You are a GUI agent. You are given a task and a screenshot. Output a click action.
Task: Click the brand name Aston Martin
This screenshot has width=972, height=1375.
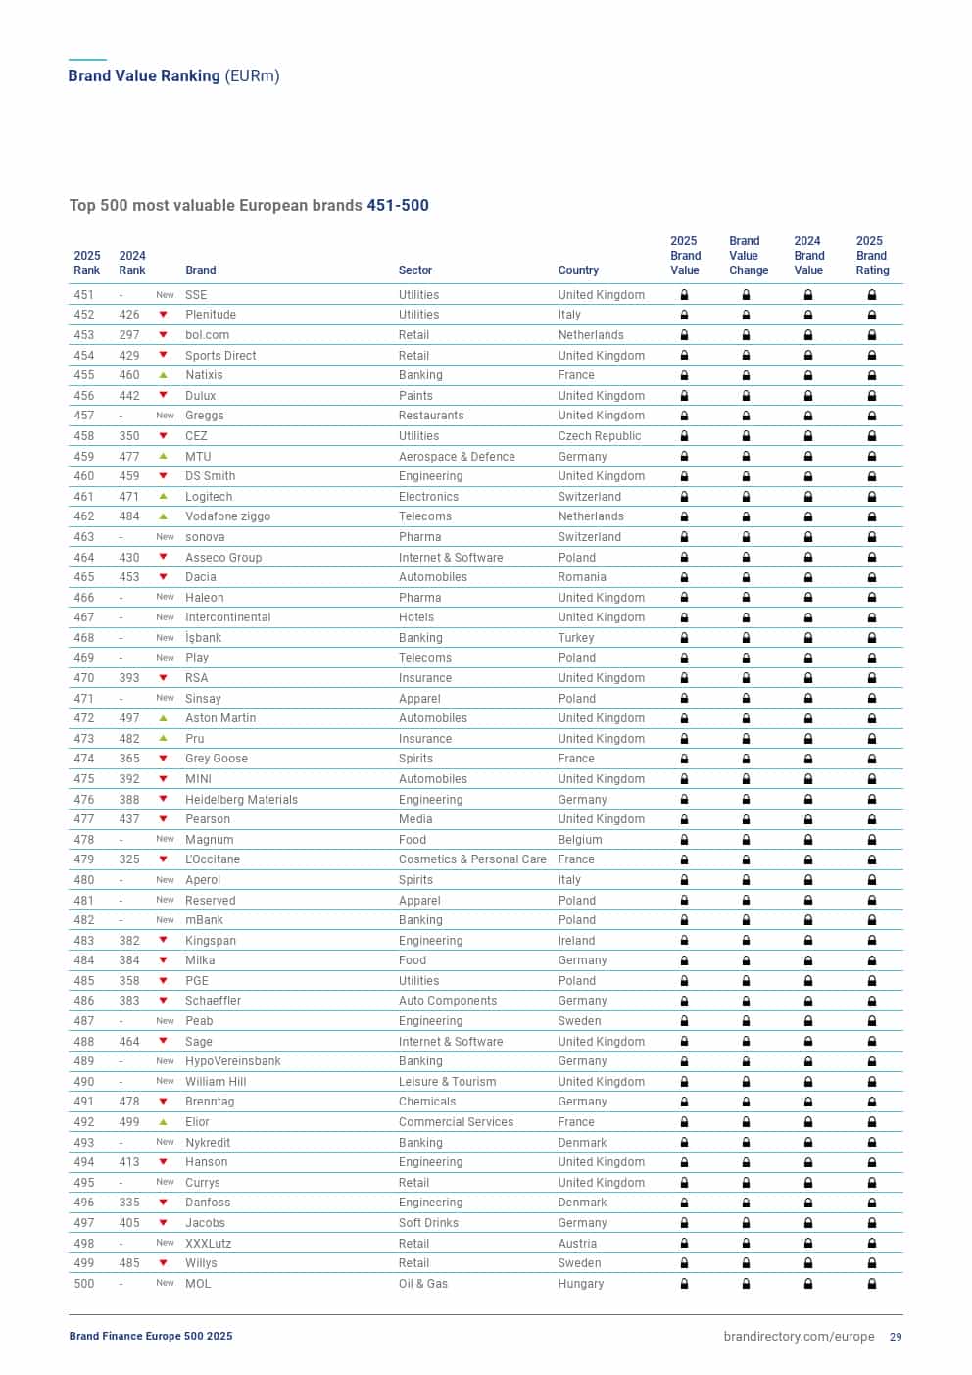tap(220, 718)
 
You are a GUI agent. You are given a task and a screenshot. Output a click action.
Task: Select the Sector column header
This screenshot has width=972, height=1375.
tap(414, 270)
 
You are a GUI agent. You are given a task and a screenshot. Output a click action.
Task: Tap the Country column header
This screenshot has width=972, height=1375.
tap(578, 270)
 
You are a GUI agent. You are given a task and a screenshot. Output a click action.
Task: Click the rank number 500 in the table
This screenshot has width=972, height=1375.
tap(84, 1284)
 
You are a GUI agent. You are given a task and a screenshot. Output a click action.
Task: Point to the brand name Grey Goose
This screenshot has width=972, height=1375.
tap(217, 759)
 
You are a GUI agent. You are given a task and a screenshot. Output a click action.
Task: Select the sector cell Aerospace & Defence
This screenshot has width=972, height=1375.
tap(457, 457)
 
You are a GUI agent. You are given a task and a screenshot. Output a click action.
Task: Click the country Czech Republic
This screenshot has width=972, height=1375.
tap(600, 436)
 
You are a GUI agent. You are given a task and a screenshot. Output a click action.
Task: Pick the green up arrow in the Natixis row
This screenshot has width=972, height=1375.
tap(164, 375)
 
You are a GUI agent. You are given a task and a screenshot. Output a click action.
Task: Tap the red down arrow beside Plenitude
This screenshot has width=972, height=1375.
tap(164, 315)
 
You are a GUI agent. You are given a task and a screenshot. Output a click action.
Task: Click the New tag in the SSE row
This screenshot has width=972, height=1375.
tap(165, 295)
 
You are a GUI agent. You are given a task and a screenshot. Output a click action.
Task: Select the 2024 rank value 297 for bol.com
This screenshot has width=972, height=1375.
tap(129, 335)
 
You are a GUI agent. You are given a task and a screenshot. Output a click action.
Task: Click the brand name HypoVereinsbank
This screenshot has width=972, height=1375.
tap(233, 1061)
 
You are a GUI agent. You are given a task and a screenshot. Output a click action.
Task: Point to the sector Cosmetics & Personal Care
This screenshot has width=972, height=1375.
tap(472, 859)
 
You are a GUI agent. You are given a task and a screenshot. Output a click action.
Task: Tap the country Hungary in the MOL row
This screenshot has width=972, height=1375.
tap(581, 1284)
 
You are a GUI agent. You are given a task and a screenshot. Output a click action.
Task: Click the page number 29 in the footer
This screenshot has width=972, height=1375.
tap(896, 1337)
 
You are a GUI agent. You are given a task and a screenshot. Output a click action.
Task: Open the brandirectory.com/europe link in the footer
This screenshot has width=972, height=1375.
tap(799, 1337)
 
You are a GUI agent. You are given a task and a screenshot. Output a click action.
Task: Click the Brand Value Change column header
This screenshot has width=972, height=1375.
tap(748, 256)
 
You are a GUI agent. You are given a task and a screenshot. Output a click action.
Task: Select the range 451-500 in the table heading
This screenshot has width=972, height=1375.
tap(398, 206)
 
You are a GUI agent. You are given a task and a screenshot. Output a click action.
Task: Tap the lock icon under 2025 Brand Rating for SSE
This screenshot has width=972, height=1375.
tap(871, 295)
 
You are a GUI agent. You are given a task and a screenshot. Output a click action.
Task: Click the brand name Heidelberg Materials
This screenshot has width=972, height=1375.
tap(241, 800)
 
